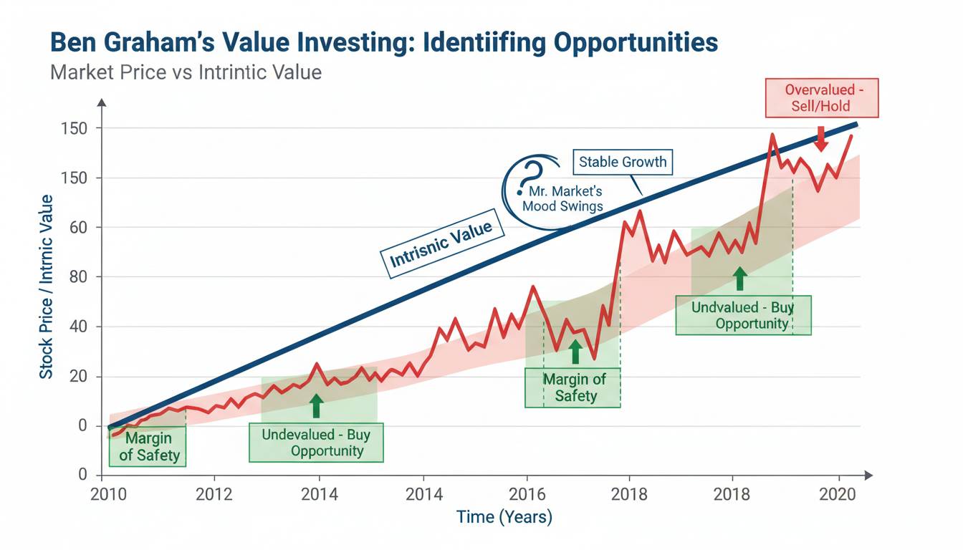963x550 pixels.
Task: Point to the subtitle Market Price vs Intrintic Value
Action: click(186, 72)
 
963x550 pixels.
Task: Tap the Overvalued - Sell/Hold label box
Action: click(821, 98)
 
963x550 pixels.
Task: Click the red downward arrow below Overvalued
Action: click(821, 140)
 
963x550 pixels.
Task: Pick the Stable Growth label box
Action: click(623, 161)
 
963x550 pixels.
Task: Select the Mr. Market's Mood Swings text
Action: click(563, 198)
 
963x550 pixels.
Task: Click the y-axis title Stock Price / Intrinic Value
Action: click(47, 286)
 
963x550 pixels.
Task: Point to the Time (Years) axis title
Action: click(504, 517)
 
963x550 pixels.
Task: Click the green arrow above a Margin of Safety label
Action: click(574, 352)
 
